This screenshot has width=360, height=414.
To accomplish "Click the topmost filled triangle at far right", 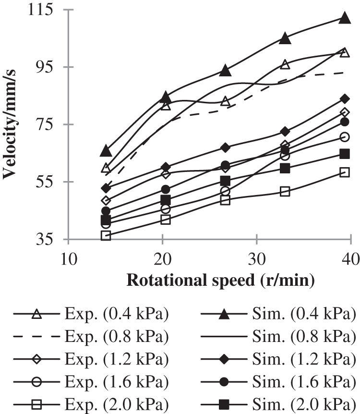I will click(x=344, y=18).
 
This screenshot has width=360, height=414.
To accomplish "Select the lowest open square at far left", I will click(x=106, y=235).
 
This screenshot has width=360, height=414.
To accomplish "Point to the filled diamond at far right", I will click(x=344, y=99).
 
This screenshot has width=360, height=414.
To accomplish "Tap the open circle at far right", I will click(x=344, y=137).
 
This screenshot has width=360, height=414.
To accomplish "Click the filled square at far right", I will click(x=344, y=154).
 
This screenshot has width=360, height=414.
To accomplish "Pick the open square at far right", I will click(x=344, y=172).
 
